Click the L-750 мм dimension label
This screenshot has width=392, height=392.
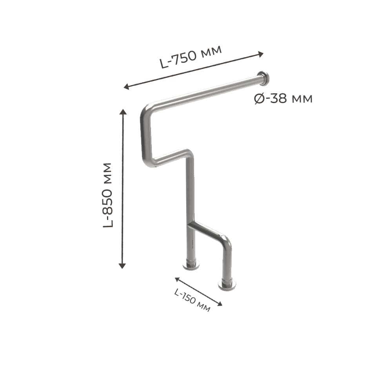(191, 57)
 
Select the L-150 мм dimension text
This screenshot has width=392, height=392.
(192, 300)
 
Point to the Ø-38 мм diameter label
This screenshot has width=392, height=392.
(283, 98)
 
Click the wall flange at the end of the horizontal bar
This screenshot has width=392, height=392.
(264, 77)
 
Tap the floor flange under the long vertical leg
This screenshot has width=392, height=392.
(191, 265)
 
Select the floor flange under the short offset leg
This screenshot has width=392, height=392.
(227, 285)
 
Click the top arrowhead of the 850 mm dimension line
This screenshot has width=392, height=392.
(123, 112)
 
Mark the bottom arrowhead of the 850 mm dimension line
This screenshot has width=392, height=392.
(122, 266)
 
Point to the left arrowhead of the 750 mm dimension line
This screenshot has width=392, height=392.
(127, 87)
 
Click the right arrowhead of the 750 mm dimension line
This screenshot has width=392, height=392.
(261, 54)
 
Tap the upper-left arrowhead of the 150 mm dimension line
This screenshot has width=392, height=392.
(177, 279)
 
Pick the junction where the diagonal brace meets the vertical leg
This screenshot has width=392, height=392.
(191, 224)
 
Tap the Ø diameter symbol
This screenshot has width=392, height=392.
(259, 98)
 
